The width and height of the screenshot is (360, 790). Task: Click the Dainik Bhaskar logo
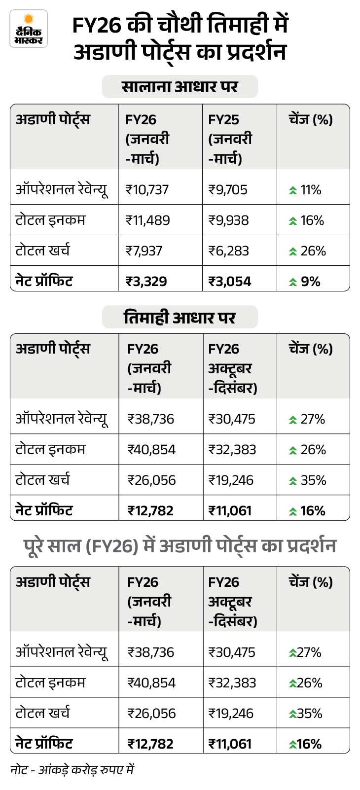(x=29, y=29)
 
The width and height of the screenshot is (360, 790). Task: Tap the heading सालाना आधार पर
(x=180, y=87)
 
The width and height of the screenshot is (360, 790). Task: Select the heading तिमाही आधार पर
(x=180, y=317)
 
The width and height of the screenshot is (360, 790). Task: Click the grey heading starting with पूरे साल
(x=180, y=546)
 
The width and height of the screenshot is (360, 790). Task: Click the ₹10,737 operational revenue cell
(x=147, y=190)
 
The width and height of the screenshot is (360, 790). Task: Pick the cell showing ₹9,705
(x=228, y=190)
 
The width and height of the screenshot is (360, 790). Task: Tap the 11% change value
(x=311, y=190)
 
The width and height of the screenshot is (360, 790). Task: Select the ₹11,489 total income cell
(x=148, y=220)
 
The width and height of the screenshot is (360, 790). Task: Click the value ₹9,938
(x=228, y=220)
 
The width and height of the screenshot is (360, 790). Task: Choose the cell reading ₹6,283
(x=228, y=251)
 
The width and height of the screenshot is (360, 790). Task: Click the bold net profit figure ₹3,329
(x=146, y=282)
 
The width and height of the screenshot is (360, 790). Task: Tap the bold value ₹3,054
(x=230, y=282)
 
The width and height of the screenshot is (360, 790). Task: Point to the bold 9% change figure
(x=311, y=282)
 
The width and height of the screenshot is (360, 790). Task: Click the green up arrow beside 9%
(x=293, y=282)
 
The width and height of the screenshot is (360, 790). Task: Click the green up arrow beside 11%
(x=293, y=190)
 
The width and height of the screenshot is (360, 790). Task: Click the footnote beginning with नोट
(x=72, y=770)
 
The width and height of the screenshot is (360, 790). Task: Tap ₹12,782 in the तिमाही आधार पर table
(x=150, y=511)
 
